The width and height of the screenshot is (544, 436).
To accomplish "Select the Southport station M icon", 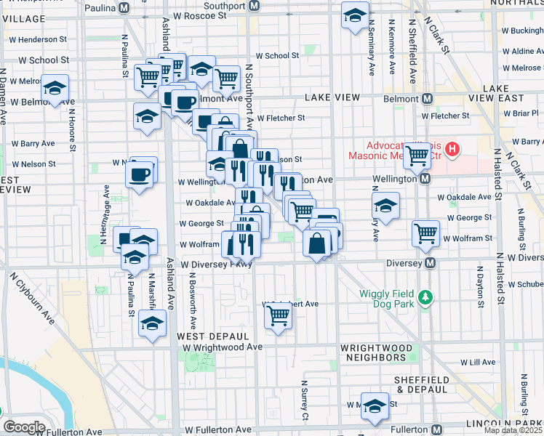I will (x=254, y=6).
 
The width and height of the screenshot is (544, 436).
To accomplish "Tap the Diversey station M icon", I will (x=430, y=262).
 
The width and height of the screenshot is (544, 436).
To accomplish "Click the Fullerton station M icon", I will (x=437, y=429).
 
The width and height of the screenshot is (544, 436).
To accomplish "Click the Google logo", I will (x=23, y=427).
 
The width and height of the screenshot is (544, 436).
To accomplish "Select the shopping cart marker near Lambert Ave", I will (x=278, y=315).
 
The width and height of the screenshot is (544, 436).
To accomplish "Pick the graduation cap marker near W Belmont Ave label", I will (x=55, y=88).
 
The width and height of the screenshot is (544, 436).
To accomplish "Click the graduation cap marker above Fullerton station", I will (x=375, y=406).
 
